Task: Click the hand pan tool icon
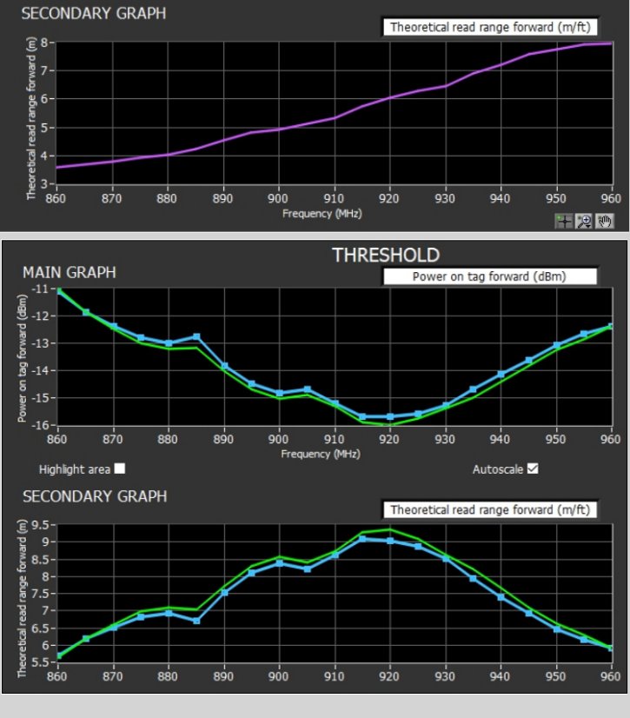point(605,222)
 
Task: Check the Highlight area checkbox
point(120,469)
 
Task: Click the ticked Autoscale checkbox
point(533,469)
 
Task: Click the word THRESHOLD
point(386,255)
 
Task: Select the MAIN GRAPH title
point(69,273)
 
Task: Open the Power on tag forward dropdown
point(488,276)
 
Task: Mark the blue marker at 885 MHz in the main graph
point(197,336)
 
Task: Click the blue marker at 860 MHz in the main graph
point(58,291)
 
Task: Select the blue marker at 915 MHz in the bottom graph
point(362,539)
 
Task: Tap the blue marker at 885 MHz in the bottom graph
point(197,621)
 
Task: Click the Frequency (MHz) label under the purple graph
point(322,212)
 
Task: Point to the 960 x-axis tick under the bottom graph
point(610,676)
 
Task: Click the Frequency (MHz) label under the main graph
point(322,454)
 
